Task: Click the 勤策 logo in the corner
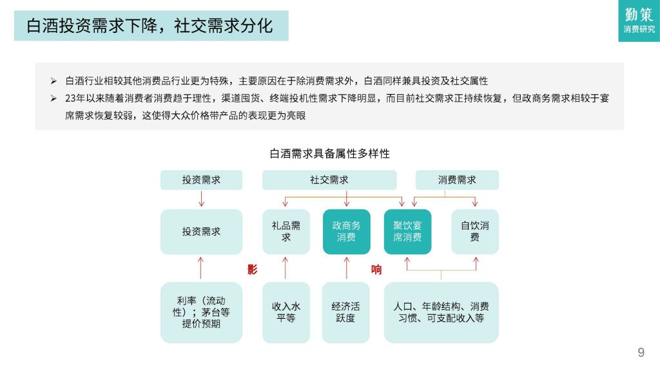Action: (639, 21)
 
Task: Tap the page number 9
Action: (641, 352)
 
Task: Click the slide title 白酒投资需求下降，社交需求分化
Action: (150, 26)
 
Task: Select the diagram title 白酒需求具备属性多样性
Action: (329, 153)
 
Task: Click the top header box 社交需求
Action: (329, 180)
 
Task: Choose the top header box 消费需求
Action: (457, 180)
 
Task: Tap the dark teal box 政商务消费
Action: (346, 232)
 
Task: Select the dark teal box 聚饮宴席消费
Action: (407, 232)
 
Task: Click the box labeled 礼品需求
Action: (286, 232)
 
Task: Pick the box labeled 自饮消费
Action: (475, 232)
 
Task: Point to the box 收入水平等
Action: (286, 312)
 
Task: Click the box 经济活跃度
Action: (345, 312)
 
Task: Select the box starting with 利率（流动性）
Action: (201, 312)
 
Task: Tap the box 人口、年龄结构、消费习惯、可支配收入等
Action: (441, 312)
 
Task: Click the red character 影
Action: (252, 270)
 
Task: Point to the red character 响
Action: (376, 270)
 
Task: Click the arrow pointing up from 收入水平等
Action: (286, 268)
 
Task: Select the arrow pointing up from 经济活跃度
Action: (346, 268)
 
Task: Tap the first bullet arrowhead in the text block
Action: (53, 81)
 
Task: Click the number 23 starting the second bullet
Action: (70, 99)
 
